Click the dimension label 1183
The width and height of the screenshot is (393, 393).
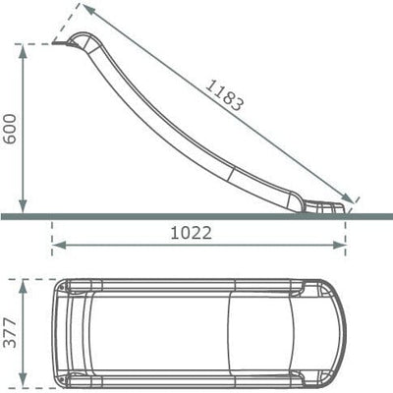pyautogui.click(x=225, y=95)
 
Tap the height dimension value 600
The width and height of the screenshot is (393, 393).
pyautogui.click(x=10, y=129)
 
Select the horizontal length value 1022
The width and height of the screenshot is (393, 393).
pyautogui.click(x=192, y=233)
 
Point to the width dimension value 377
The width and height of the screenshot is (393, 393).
pyautogui.click(x=10, y=332)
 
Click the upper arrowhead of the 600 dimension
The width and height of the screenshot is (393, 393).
pyautogui.click(x=23, y=51)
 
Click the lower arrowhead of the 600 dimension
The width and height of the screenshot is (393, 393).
pyautogui.click(x=23, y=205)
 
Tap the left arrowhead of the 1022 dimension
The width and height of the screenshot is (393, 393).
pyautogui.click(x=60, y=245)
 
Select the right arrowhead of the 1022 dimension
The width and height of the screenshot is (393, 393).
pyautogui.click(x=339, y=245)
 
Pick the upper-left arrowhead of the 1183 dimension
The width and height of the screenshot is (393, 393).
pyautogui.click(x=88, y=9)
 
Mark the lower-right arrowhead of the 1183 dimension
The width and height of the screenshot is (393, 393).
pyautogui.click(x=347, y=197)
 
